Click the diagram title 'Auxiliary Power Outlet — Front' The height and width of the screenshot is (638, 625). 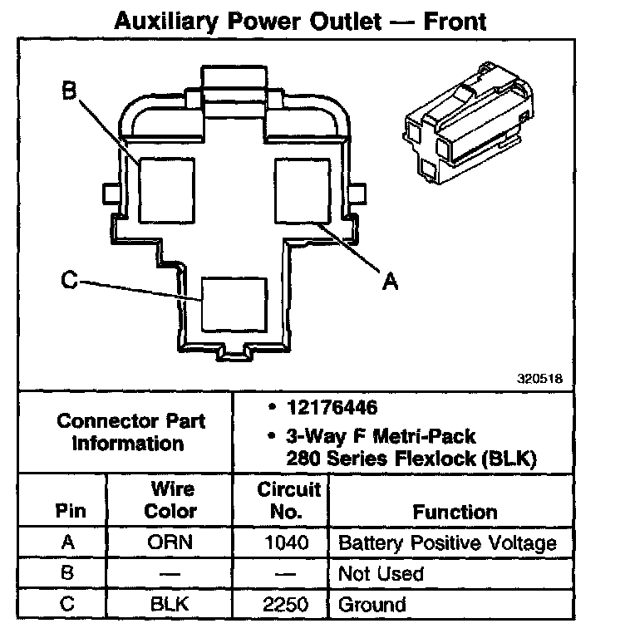(299, 20)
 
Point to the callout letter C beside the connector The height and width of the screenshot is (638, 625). (71, 281)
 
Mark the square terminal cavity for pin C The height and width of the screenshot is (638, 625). (234, 304)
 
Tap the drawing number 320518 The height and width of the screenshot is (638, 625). (539, 378)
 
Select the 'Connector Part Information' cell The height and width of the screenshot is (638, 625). (131, 431)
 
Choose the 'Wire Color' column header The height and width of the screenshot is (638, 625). (171, 500)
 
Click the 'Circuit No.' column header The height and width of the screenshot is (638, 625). (283, 501)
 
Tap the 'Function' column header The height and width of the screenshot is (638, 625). (455, 512)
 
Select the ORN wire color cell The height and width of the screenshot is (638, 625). (171, 544)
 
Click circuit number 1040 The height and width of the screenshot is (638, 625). (283, 544)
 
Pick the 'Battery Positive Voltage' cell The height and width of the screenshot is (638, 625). (447, 544)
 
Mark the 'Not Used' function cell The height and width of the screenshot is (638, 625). (381, 574)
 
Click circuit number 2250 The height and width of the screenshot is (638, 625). (283, 604)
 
